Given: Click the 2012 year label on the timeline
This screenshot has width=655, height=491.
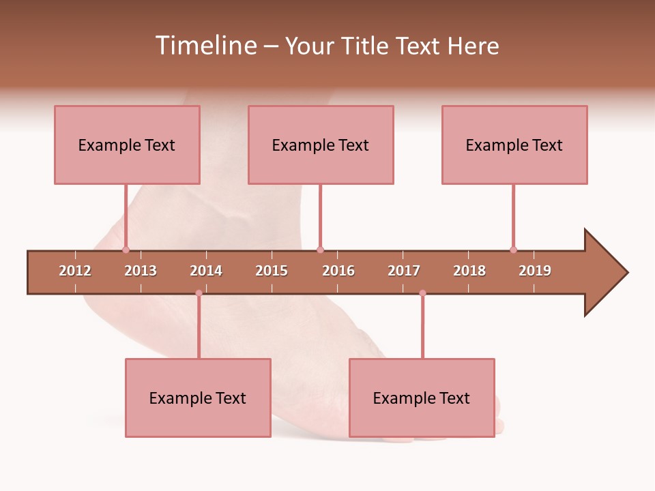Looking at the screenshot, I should (75, 271).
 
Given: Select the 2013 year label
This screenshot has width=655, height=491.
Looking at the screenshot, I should (141, 271).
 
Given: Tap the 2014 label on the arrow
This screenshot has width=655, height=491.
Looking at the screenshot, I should (206, 271).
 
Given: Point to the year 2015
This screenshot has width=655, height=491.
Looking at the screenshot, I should (272, 271).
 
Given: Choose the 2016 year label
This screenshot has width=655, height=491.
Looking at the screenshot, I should (338, 271).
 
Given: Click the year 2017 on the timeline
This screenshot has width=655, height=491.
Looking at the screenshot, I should (404, 271).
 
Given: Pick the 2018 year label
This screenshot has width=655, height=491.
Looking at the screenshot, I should (469, 271).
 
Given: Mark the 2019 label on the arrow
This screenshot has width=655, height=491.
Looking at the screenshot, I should (535, 271).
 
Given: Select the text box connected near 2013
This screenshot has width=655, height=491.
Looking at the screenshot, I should (127, 145).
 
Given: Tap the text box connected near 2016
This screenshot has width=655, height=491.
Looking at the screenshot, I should (321, 145).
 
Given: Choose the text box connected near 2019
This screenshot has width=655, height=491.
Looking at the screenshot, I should (514, 145).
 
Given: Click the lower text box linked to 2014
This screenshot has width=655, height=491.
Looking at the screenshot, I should (198, 398).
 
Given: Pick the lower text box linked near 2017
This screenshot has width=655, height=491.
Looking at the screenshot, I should (422, 398).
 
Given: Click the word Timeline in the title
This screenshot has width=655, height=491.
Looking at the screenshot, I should (205, 46).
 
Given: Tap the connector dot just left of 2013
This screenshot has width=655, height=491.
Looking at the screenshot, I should (126, 250).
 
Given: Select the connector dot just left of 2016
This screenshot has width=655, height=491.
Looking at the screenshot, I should (320, 250).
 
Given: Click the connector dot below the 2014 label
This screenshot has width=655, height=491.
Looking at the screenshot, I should (199, 293).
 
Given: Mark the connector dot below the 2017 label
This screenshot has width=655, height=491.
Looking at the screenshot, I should (422, 293).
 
